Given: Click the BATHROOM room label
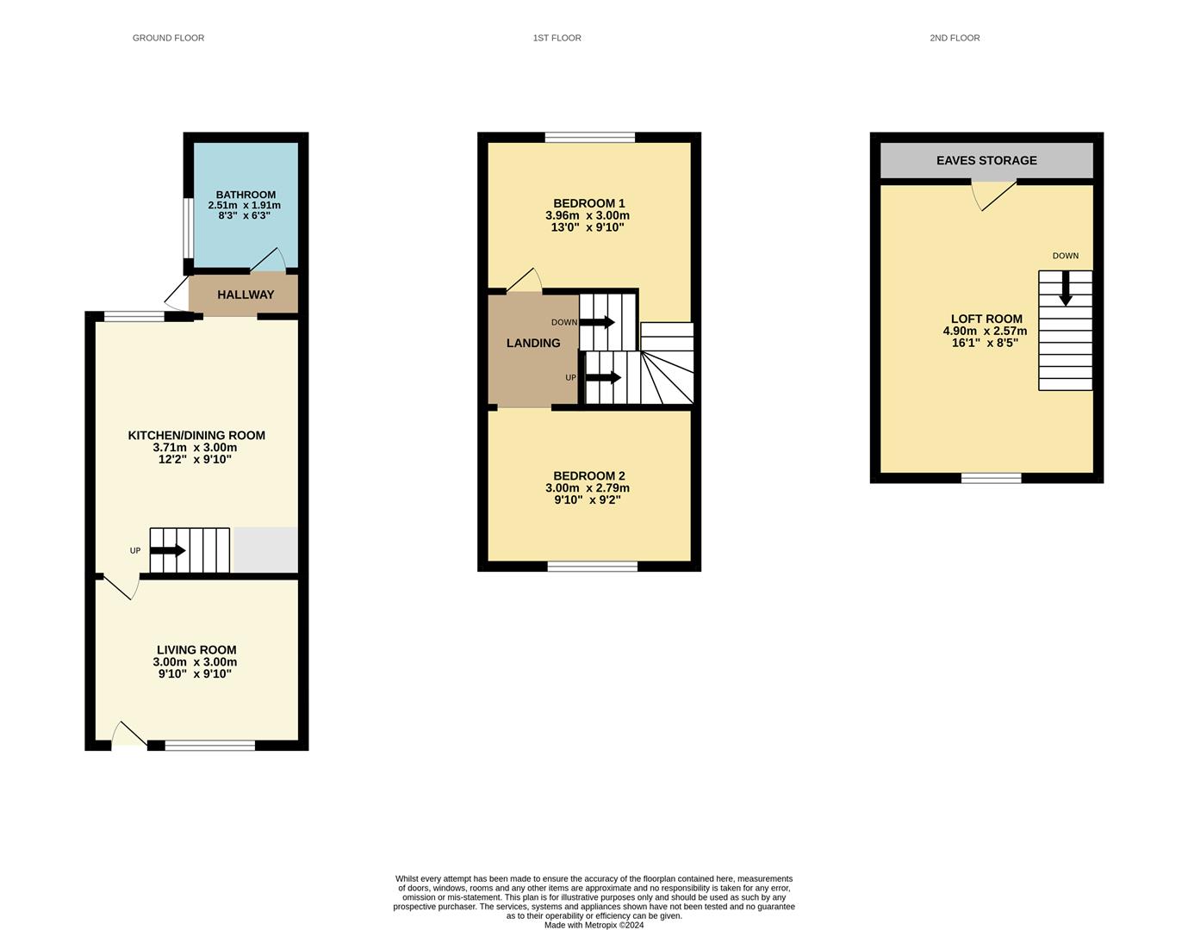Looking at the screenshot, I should pos(246,195).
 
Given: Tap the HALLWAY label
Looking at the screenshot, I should pos(246,294).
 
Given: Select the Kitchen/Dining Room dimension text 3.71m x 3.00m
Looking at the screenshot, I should pos(195,448).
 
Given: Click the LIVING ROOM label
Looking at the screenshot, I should pos(196,650).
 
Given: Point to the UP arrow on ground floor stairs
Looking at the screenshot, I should pos(168,550).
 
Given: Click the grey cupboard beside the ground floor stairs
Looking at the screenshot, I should pos(265,550).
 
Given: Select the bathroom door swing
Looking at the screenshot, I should pos(271,259).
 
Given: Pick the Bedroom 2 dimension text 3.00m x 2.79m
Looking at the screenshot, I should pos(588,488).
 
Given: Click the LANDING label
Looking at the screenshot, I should pos(533,343).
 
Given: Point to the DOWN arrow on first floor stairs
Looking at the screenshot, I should pos(597,322).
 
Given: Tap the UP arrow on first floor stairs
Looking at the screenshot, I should pos(603,377).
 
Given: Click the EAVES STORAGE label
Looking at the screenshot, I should pos(986,160).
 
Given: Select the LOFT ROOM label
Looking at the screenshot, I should pos(986,319).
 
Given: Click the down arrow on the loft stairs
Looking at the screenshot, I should pos(1066,288).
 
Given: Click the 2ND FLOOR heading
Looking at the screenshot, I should pos(955,38).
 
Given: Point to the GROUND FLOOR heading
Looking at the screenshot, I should pos(168,38).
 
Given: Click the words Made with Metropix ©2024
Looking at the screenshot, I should pos(594,925).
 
